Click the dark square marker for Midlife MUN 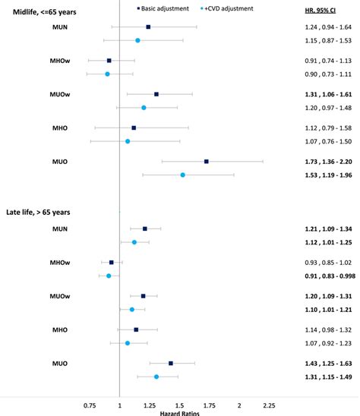pyautogui.click(x=148, y=27)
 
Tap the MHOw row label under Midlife pyautogui.click(x=41, y=60)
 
